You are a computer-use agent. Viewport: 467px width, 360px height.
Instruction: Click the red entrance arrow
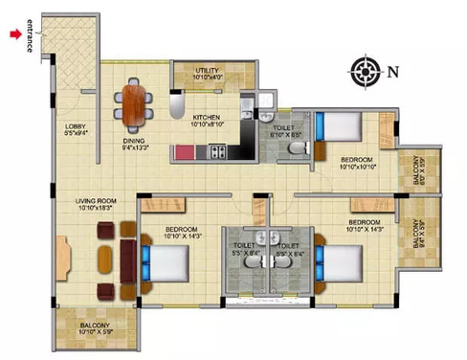coord(14,34)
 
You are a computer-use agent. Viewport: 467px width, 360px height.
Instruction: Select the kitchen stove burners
coord(216,151)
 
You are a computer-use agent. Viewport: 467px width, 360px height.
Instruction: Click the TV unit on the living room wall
coord(63,256)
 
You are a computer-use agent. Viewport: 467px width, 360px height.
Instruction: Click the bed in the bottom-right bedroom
coord(339,261)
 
